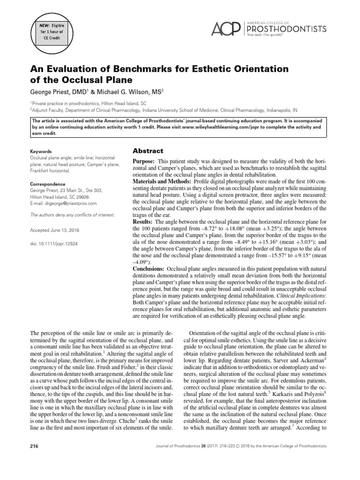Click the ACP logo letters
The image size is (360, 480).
[x=225, y=29]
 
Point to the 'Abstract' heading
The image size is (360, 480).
[x=148, y=151]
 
